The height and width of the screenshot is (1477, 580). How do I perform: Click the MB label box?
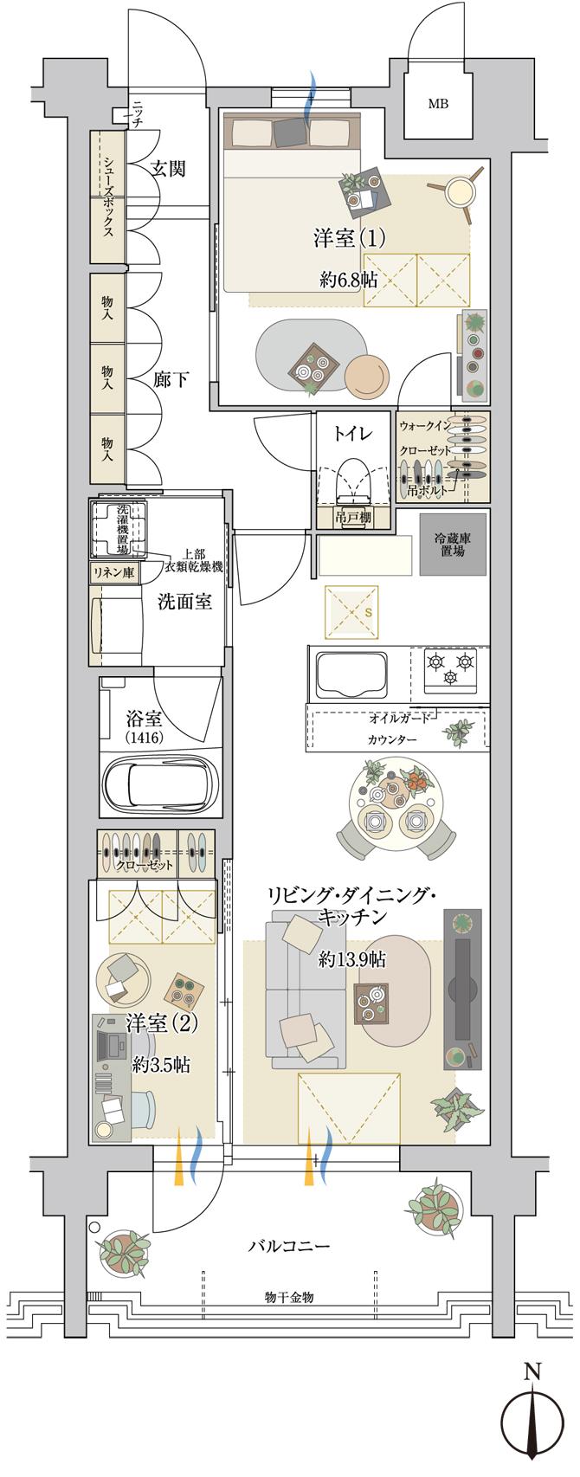(x=438, y=106)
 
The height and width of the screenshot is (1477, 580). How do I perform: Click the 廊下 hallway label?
(x=170, y=379)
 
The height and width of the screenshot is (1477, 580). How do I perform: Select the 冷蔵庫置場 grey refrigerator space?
(x=452, y=545)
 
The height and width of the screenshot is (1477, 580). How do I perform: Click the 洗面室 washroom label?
(x=184, y=603)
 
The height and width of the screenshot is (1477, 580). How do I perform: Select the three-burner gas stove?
(x=451, y=669)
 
